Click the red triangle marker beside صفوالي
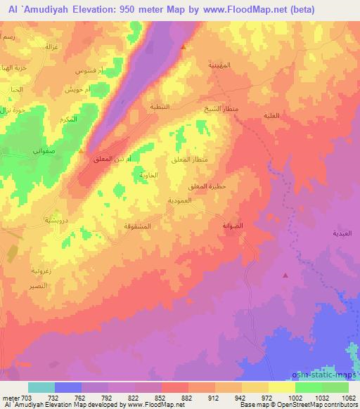click(82, 151)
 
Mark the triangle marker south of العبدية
click(284, 275)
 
